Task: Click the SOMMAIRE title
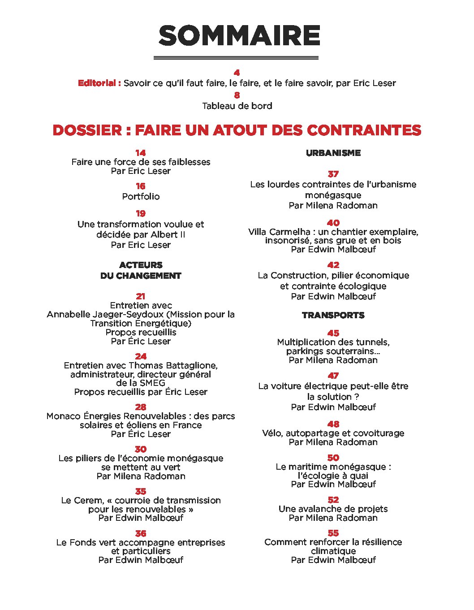click(239, 36)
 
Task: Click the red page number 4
click(237, 73)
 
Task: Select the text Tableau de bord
click(237, 106)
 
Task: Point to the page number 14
click(141, 153)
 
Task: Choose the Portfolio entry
click(141, 196)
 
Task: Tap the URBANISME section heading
click(333, 153)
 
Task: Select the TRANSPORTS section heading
click(333, 316)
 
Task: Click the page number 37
click(333, 174)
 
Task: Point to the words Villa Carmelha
click(280, 232)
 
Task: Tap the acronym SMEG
click(153, 383)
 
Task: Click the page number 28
click(141, 407)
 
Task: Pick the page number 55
click(333, 533)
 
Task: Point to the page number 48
click(333, 424)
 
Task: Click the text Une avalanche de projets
click(333, 509)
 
